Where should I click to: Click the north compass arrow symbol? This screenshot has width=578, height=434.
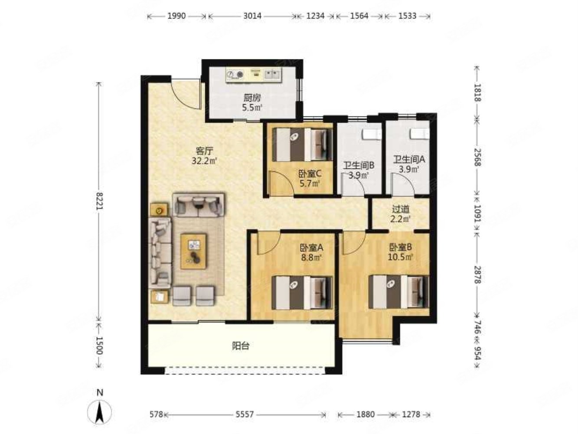99,412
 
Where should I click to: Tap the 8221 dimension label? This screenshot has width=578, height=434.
99,201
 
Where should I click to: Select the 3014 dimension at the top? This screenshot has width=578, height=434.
252,16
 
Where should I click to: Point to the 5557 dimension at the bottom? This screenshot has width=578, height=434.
245,414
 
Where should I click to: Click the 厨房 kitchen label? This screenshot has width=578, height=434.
252,98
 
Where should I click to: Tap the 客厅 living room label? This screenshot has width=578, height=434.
204,151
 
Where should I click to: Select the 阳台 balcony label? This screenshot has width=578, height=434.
240,346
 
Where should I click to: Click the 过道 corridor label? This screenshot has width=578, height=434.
400,210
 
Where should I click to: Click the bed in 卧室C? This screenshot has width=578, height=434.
302,145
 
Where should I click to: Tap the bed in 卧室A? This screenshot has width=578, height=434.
302,293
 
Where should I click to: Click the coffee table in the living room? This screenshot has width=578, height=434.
193,251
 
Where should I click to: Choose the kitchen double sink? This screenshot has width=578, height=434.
272,74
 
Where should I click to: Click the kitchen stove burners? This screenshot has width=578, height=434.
235,74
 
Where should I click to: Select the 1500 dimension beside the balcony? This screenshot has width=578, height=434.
99,345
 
